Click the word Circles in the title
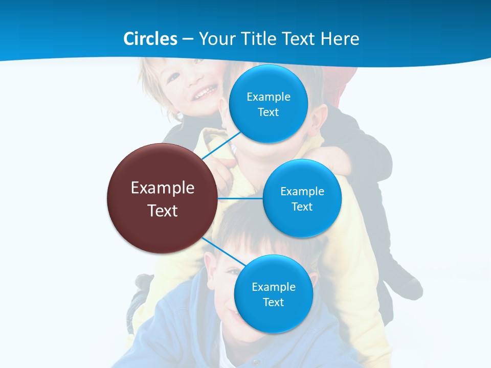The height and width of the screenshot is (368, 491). pos(150,39)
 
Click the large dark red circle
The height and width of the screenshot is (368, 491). pos(163,199)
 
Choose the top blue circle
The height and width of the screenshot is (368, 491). pos(268,104)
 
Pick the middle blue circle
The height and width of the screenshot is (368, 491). pos(302,198)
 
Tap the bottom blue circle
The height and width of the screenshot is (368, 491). pos(273,294)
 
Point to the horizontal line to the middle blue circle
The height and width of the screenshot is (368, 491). pos(240,198)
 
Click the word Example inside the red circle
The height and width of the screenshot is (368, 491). pos(163,188)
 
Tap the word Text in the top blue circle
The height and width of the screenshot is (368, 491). pos(268,112)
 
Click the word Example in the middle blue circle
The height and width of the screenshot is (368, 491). pos(302,192)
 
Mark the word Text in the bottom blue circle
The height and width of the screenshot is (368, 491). pos(273,302)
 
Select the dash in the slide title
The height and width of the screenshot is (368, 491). pos(187,39)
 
